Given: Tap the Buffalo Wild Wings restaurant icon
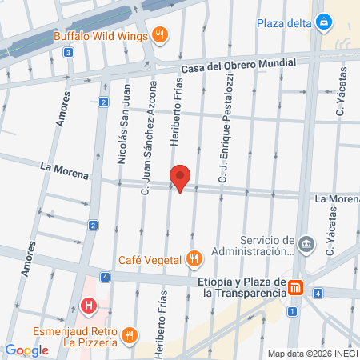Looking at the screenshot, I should [x=161, y=35].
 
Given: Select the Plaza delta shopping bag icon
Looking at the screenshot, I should [x=324, y=22].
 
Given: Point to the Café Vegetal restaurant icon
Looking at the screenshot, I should [x=193, y=258].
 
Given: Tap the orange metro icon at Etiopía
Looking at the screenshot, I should [x=296, y=287].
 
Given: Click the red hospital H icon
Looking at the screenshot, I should [x=89, y=306].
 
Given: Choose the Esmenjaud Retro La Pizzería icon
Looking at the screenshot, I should [x=132, y=334].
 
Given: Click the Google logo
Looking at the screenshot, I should [x=26, y=350].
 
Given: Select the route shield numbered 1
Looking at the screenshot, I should [x=293, y=310].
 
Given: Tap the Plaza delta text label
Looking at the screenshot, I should [x=283, y=22].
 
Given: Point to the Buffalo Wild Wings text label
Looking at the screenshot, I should [x=102, y=36].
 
